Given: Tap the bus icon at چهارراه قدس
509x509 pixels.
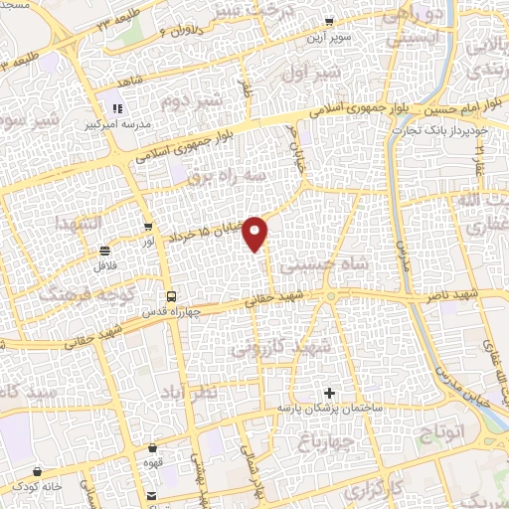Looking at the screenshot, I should [171, 296].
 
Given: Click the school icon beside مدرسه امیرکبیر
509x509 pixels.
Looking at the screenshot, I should [117, 107].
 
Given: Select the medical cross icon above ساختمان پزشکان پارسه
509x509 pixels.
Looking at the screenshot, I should [330, 393].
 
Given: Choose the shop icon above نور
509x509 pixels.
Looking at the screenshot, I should [148, 226].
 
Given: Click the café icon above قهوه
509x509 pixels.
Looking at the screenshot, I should [152, 448].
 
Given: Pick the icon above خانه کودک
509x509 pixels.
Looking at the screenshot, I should [38, 470].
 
